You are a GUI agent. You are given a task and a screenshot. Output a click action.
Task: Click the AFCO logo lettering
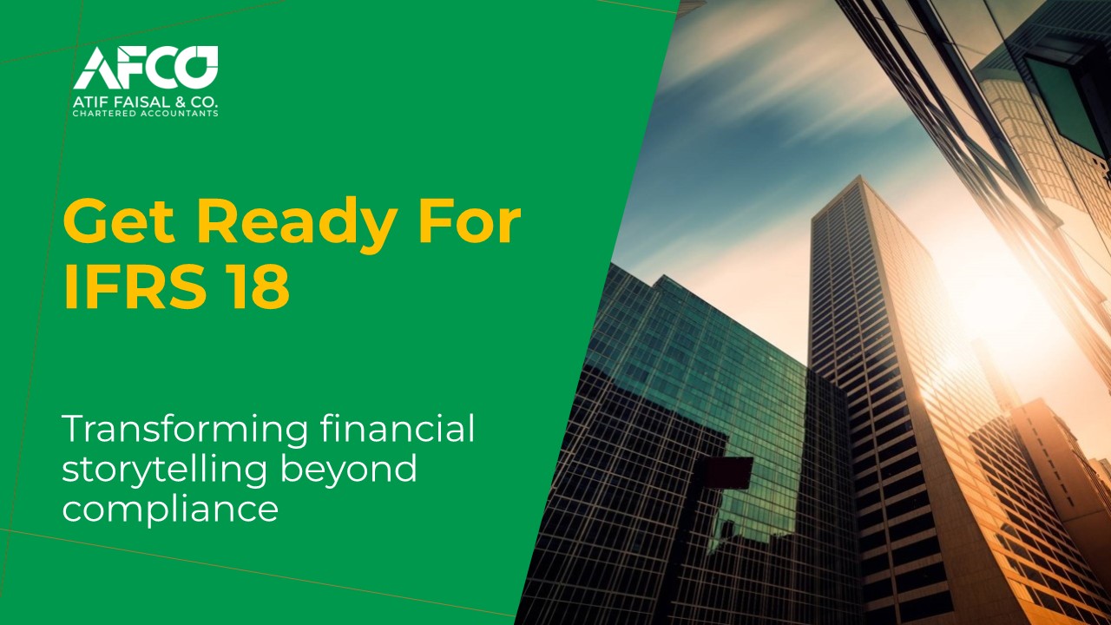146,68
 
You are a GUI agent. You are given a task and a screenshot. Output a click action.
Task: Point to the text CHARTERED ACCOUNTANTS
146,114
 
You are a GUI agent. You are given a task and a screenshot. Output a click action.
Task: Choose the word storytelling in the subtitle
161,470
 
